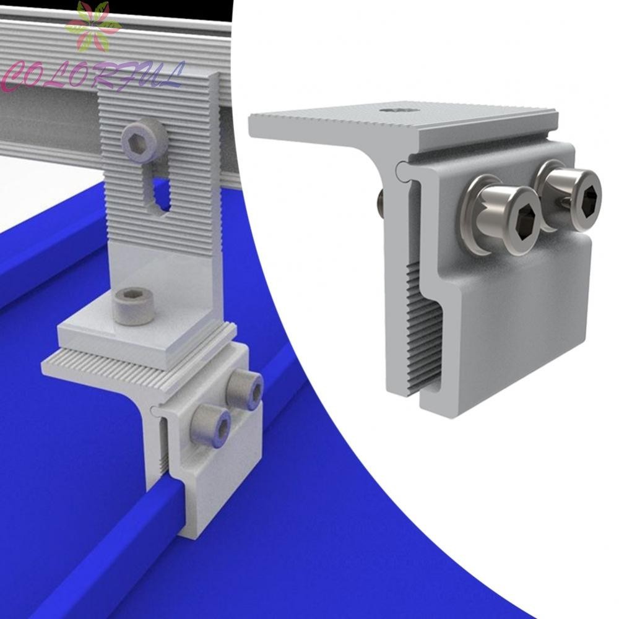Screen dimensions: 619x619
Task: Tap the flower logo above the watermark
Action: [x=94, y=26]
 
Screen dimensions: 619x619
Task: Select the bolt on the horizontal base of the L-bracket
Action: [x=134, y=306]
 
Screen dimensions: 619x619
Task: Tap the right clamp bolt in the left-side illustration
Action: [x=245, y=388]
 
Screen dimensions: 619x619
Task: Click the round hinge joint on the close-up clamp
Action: [x=401, y=167]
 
